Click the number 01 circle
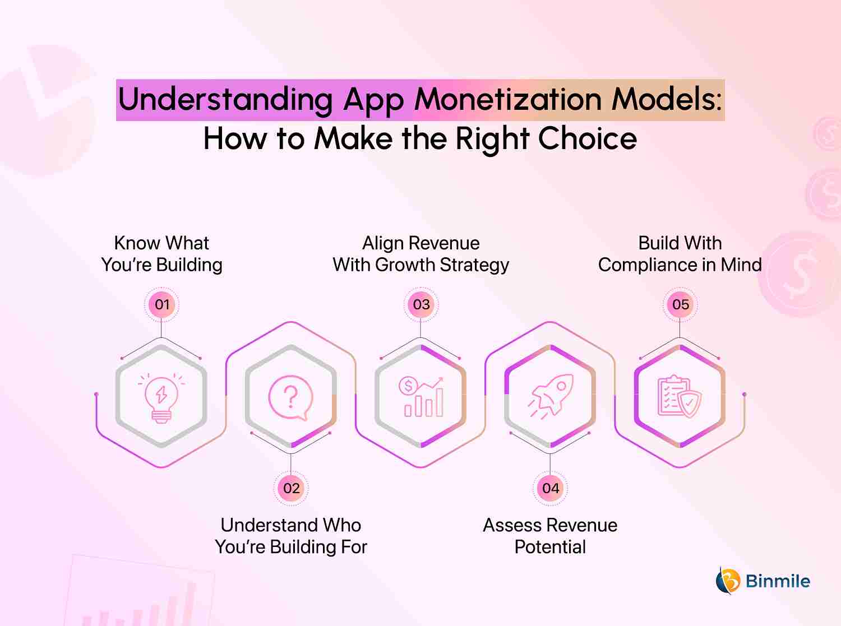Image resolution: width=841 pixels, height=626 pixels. tap(161, 304)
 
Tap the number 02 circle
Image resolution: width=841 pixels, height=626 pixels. tap(291, 488)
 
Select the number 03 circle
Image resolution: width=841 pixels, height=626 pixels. tap(421, 304)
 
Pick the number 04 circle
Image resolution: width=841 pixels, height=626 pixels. tap(550, 488)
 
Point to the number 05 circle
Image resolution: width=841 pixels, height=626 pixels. tap(680, 304)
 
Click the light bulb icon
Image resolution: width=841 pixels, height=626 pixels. tap(161, 398)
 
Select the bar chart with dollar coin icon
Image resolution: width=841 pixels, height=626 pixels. tap(421, 397)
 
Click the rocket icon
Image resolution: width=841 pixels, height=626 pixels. tap(551, 396)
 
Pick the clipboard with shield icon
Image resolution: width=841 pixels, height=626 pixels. tap(680, 397)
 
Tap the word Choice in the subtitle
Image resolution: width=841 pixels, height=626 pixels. tap(588, 139)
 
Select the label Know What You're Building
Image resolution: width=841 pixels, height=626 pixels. tap(161, 254)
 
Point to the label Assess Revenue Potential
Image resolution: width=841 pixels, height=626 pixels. tap(550, 536)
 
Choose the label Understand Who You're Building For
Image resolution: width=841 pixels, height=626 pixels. tap(291, 536)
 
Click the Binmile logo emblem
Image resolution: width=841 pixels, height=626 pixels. tap(728, 581)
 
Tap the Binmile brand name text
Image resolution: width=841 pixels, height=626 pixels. tap(778, 581)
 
